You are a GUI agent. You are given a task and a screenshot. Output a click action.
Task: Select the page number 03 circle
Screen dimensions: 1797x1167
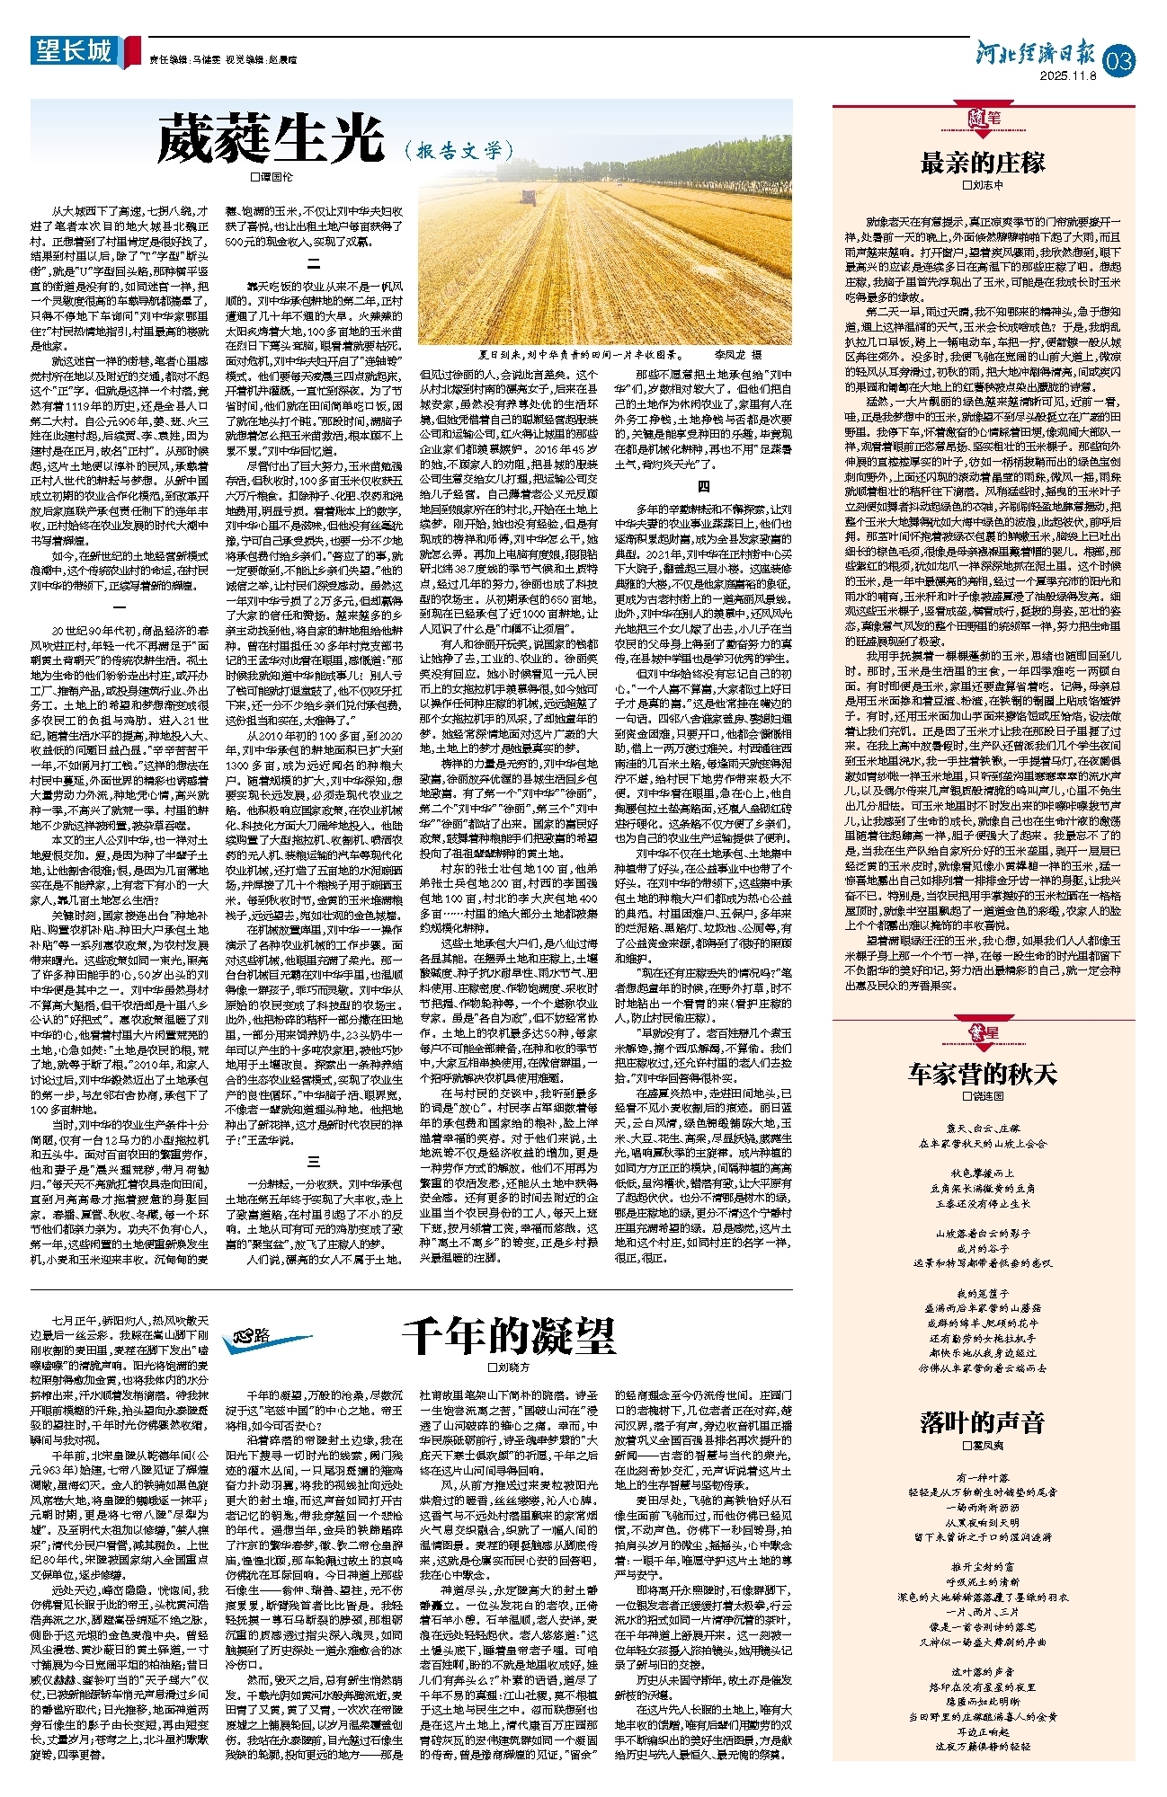pos(1120,61)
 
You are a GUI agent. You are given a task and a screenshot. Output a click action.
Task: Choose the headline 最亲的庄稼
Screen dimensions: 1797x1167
pos(983,163)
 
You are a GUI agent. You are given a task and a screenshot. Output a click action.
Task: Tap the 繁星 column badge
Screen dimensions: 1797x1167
pos(983,1032)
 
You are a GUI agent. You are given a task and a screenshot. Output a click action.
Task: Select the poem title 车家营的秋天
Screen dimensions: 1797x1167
pos(983,1074)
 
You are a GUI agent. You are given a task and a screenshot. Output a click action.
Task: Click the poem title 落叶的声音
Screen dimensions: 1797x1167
pos(983,1421)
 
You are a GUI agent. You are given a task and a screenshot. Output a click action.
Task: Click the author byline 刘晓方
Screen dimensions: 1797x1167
pos(510,1367)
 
